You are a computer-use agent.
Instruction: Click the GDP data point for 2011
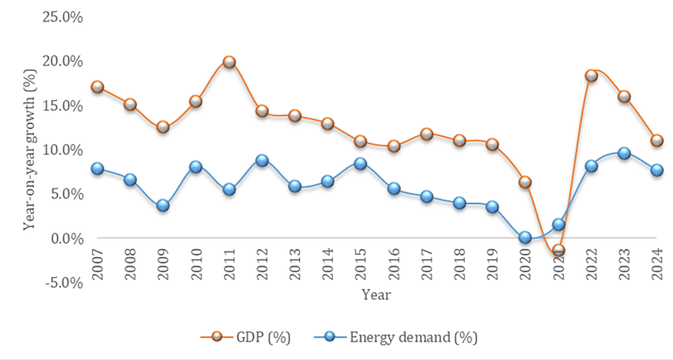click(229, 62)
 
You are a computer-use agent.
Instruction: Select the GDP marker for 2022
click(591, 76)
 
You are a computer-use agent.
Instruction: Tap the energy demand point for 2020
click(525, 238)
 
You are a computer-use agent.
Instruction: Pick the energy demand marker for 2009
click(163, 206)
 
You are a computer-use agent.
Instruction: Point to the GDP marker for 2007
click(98, 87)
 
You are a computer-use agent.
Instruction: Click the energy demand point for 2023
click(624, 154)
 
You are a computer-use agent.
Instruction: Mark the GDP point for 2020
click(525, 182)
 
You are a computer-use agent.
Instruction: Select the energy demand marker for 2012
click(262, 161)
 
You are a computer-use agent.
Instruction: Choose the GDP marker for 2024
click(657, 141)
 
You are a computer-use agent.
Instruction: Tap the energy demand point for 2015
click(361, 163)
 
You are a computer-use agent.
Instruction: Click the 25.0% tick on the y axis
click(61, 16)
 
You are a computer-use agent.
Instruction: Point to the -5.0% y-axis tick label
click(61, 282)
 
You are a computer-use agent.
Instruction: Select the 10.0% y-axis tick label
click(61, 149)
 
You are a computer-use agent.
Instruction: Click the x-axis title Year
click(377, 295)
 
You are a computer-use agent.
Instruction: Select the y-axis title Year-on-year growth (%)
click(30, 150)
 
